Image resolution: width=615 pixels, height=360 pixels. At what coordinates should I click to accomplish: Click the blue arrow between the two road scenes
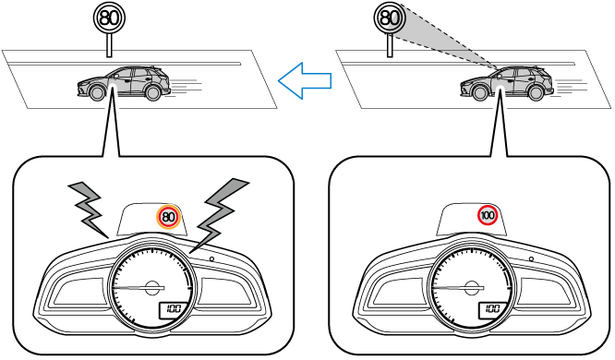pyautogui.click(x=305, y=81)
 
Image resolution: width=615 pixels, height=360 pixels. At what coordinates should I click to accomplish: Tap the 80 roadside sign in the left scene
pyautogui.click(x=109, y=18)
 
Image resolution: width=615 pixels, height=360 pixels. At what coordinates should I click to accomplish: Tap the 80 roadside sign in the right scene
pyautogui.click(x=390, y=18)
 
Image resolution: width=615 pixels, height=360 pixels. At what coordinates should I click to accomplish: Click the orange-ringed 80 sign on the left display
pyautogui.click(x=168, y=217)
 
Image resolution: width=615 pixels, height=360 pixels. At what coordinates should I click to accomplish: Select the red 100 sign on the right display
pyautogui.click(x=488, y=216)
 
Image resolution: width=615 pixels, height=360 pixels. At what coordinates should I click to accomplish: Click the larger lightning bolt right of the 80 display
pyautogui.click(x=219, y=215)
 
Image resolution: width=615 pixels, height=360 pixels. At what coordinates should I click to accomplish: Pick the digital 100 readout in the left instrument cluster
pyautogui.click(x=174, y=309)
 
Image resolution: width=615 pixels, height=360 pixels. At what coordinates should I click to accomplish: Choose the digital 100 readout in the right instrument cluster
pyautogui.click(x=493, y=309)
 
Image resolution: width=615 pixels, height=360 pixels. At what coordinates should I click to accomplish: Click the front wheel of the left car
pyautogui.click(x=96, y=93)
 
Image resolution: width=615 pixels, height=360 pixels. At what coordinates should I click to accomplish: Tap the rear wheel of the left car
pyautogui.click(x=152, y=93)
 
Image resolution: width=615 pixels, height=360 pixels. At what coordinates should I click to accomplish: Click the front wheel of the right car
pyautogui.click(x=479, y=93)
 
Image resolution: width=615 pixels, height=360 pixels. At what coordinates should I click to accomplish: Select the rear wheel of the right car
pyautogui.click(x=536, y=93)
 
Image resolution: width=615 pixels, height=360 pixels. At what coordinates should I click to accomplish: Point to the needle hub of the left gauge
pyautogui.click(x=152, y=288)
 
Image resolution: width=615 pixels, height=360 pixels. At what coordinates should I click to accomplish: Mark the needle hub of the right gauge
pyautogui.click(x=472, y=288)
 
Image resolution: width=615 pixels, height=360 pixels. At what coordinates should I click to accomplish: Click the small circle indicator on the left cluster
pyautogui.click(x=211, y=258)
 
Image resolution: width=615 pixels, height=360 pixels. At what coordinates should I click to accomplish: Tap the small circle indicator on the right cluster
pyautogui.click(x=531, y=258)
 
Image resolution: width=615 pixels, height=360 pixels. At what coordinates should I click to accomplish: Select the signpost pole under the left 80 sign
pyautogui.click(x=110, y=45)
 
